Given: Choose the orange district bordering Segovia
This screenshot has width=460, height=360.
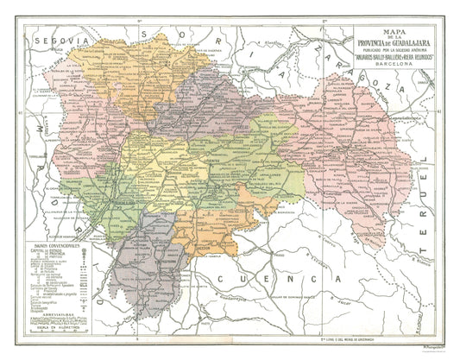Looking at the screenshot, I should click(x=95, y=69).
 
